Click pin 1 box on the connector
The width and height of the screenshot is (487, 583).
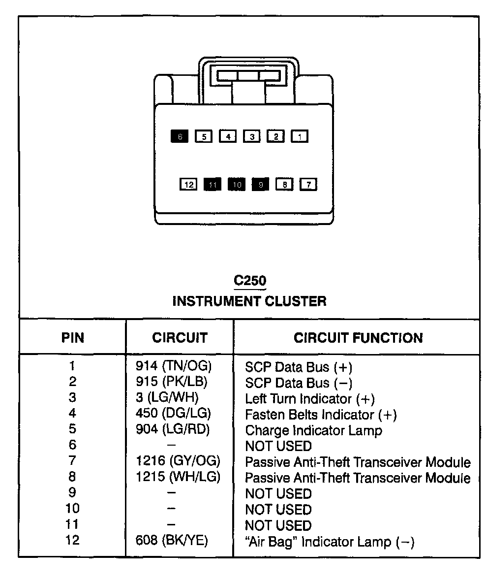300,136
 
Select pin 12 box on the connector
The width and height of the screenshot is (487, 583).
188,185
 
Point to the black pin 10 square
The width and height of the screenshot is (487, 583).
237,185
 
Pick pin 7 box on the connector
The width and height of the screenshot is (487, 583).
308,185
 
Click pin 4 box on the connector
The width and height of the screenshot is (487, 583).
228,136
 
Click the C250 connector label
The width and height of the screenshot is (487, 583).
250,281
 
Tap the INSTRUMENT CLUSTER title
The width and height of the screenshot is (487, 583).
249,301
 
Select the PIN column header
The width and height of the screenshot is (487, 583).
73,338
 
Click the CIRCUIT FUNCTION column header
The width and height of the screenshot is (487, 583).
358,338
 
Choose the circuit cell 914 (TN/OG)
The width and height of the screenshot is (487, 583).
173,366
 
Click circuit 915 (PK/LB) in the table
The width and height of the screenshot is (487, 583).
172,382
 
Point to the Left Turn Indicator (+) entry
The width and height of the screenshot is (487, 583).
310,398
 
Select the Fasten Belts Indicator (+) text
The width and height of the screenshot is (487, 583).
321,415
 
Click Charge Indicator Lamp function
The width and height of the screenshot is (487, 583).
313,430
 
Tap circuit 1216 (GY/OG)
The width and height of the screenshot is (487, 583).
178,462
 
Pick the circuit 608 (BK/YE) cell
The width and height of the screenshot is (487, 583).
172,541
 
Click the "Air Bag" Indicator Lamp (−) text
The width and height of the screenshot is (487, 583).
330,542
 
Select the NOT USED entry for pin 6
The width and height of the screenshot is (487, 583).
278,446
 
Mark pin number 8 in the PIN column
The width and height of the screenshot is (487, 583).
72,477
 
